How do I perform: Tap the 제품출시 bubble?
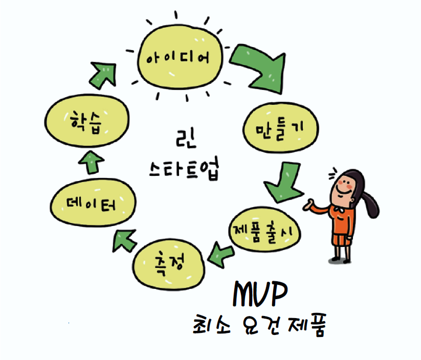point(267,231)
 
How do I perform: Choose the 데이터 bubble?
point(92,205)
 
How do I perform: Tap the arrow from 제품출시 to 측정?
point(221,252)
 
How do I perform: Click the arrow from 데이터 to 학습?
point(93,163)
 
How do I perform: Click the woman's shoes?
point(343,258)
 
